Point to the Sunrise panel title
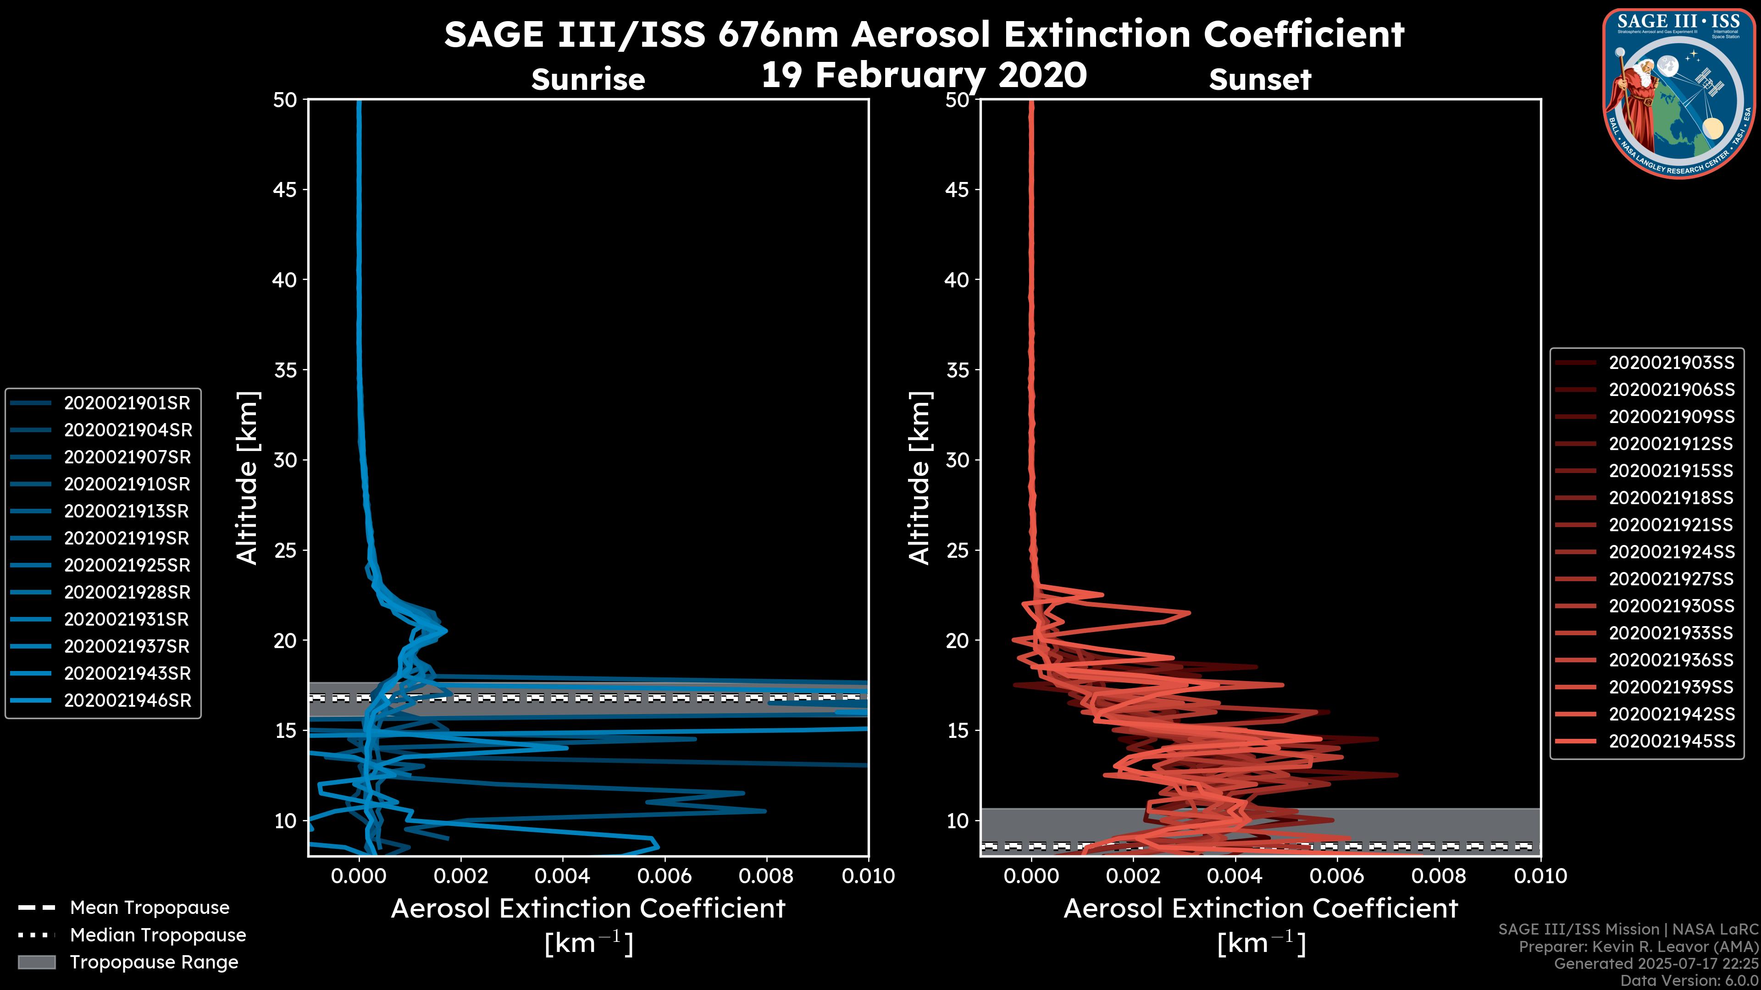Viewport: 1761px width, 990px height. (588, 80)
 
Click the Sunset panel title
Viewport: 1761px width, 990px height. (1260, 80)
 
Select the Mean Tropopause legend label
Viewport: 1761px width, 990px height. (150, 908)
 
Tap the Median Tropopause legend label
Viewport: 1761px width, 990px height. (158, 935)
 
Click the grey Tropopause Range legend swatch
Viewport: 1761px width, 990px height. (36, 962)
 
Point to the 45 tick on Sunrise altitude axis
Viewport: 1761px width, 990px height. (285, 190)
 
